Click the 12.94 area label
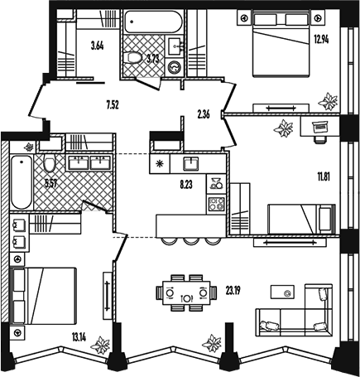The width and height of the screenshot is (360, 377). point(321,40)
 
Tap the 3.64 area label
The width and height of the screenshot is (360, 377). point(98,46)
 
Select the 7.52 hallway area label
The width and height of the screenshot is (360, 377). point(113,105)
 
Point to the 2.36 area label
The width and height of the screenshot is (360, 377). point(204,114)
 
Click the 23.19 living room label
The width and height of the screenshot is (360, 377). point(233,291)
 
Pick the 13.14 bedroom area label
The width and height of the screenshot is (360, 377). point(79,337)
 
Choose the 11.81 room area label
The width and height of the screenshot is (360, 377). point(324,176)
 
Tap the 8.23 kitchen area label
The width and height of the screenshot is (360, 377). point(186,185)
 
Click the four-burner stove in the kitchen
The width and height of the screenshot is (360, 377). point(216,205)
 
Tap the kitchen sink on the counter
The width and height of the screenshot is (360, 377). point(191,163)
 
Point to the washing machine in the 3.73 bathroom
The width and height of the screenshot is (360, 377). point(175,67)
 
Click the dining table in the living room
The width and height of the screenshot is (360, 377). point(186,292)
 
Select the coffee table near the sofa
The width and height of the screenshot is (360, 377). point(282,292)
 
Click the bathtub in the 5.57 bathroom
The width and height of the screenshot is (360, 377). point(22,181)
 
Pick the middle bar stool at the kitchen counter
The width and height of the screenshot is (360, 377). point(192,241)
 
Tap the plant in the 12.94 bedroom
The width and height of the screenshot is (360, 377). point(328,101)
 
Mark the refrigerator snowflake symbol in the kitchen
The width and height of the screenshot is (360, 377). point(160,164)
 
